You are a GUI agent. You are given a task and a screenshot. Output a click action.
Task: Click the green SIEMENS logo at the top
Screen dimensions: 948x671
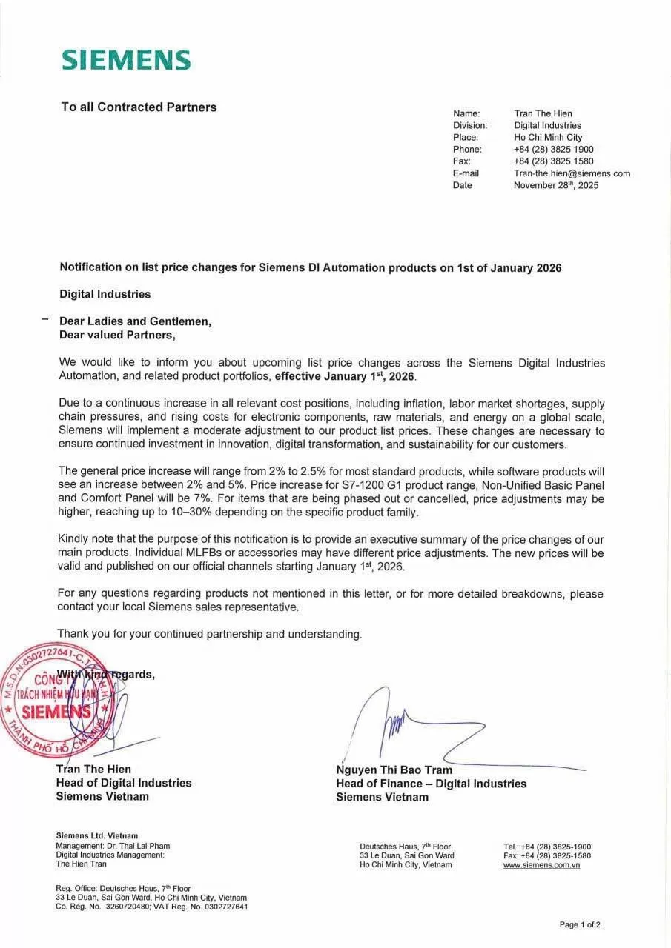point(126,60)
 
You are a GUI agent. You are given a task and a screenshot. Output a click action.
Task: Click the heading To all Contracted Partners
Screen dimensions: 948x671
point(139,107)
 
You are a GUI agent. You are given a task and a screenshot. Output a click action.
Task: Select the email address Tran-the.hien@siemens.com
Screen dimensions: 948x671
point(572,173)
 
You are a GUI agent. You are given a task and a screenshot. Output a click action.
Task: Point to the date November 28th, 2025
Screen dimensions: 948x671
point(555,185)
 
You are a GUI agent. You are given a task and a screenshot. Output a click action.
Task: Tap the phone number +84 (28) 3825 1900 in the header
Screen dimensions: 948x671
point(553,150)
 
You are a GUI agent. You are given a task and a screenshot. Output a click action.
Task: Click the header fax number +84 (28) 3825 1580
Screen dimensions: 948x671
point(553,161)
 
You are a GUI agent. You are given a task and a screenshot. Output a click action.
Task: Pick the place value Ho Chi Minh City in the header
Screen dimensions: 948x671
point(548,138)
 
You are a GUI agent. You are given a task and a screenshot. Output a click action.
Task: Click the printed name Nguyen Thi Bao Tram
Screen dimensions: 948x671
point(394,770)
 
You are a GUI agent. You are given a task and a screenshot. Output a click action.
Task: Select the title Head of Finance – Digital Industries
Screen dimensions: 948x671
point(431,784)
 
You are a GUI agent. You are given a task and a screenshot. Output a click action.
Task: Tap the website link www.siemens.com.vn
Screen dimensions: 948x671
point(541,865)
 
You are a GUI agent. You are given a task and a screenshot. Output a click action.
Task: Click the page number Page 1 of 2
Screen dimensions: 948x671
point(580,924)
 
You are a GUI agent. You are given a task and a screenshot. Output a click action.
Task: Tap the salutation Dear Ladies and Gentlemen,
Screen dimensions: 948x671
point(135,321)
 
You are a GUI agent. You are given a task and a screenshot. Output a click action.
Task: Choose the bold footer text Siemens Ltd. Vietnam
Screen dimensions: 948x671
point(96,836)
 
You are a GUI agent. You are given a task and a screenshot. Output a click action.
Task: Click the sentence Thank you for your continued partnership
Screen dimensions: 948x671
point(209,634)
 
